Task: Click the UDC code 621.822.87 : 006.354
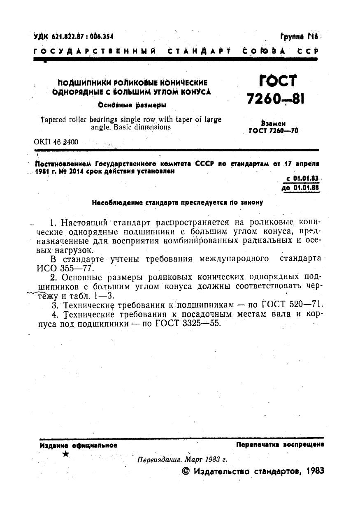(67, 37)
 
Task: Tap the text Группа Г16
(299, 36)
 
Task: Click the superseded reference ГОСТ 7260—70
(274, 131)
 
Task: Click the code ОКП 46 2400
(56, 142)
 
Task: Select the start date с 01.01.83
(302, 179)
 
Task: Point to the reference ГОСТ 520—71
(295, 305)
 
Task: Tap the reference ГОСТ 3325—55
(188, 323)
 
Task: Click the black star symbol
(65, 454)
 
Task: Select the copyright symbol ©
(185, 471)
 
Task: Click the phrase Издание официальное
(78, 445)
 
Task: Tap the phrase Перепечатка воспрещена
(280, 445)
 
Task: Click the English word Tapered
(54, 120)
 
